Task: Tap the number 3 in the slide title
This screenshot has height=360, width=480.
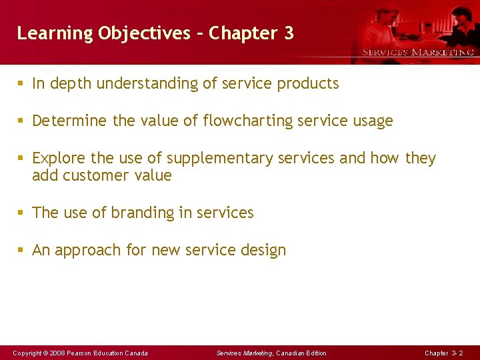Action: tap(288, 33)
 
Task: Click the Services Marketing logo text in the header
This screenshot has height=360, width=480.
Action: tap(418, 52)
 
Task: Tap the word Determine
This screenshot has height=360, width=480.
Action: tap(69, 121)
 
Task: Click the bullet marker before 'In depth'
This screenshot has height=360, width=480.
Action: tap(21, 84)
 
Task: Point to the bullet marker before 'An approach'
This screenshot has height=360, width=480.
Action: tap(21, 251)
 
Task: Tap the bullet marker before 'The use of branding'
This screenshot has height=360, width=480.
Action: tap(21, 213)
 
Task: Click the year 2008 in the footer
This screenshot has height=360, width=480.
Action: tap(57, 353)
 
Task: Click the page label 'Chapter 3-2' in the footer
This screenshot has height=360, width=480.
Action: tap(444, 353)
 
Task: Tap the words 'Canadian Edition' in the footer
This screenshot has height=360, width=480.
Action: tap(301, 353)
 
